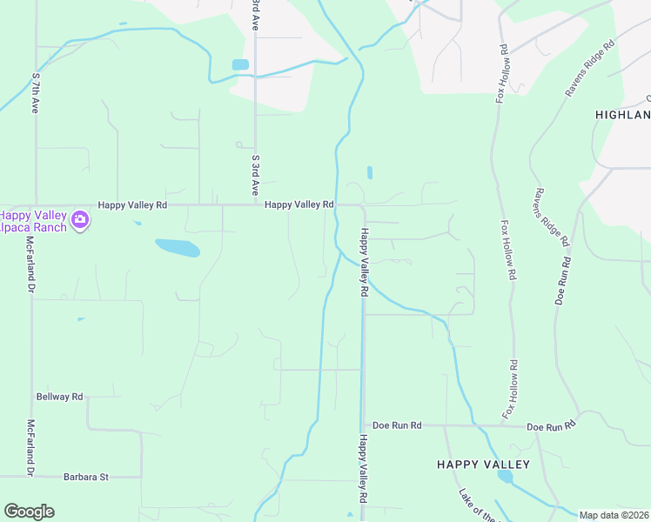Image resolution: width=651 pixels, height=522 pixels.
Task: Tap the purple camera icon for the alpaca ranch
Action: click(80, 219)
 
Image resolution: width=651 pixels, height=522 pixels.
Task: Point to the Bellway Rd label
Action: click(59, 397)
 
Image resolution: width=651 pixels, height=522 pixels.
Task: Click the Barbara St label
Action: click(85, 477)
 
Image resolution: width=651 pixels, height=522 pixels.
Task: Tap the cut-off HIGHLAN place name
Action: click(622, 115)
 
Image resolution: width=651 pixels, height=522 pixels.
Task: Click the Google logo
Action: click(29, 512)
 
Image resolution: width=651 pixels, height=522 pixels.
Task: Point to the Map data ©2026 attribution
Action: click(614, 515)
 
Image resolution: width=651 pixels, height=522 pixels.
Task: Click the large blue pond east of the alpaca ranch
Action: click(178, 248)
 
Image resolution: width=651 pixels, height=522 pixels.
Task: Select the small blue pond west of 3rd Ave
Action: click(240, 64)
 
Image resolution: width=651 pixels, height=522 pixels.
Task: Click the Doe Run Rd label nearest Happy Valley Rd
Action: click(397, 425)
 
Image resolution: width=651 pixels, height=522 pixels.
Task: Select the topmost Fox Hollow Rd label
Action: click(501, 74)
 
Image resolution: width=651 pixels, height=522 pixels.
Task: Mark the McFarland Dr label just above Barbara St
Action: click(30, 447)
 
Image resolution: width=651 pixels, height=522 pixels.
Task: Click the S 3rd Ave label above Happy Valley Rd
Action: click(256, 174)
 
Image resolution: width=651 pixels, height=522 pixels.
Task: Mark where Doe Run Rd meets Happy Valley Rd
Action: click(363, 425)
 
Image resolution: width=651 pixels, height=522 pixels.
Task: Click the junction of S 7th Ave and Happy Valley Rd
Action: click(36, 205)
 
